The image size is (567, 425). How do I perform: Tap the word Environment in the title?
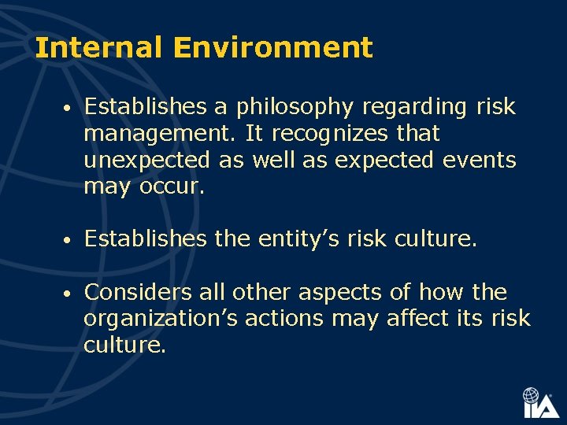(x=272, y=49)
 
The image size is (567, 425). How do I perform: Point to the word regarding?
(x=409, y=107)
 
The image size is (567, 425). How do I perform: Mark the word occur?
(x=172, y=187)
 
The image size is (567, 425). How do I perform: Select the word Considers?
(x=135, y=293)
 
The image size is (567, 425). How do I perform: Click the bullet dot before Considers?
(x=69, y=294)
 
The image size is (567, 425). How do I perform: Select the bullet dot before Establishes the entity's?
(x=69, y=239)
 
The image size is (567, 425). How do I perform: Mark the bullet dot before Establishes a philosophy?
(x=69, y=108)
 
